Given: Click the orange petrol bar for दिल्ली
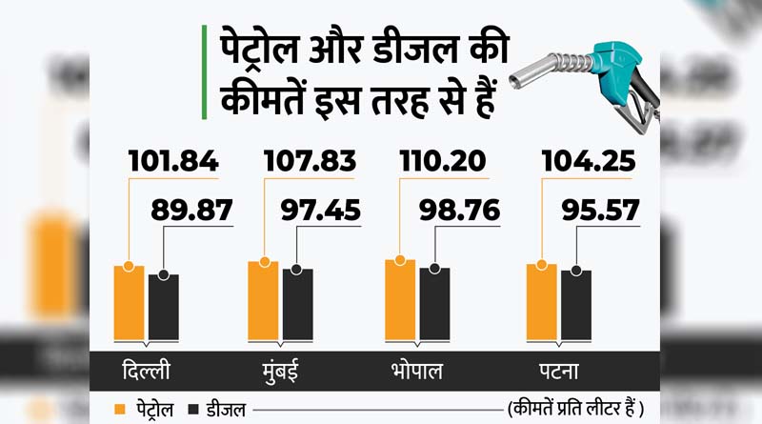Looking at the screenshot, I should [x=129, y=303].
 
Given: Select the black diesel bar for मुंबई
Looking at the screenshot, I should [x=297, y=305].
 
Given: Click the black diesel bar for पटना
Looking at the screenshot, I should [x=576, y=306].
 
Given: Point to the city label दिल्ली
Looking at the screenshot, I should [x=146, y=370].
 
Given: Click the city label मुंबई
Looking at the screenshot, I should [x=284, y=370].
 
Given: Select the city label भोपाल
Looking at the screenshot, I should [x=416, y=370].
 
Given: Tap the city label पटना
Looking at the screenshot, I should [x=558, y=370].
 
